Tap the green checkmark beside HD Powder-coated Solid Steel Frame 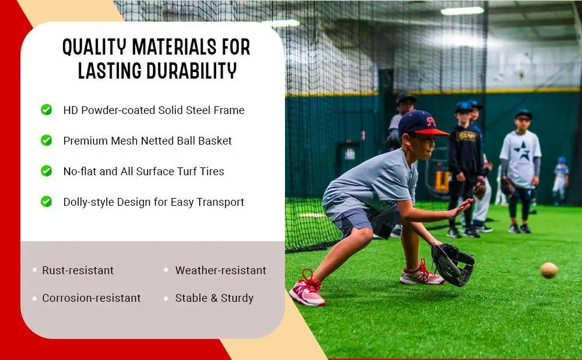[46, 110]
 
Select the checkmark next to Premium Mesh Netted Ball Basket [46, 140]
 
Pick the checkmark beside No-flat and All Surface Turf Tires [46, 171]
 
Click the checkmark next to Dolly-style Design [46, 202]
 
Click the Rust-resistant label [78, 271]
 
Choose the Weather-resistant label [220, 271]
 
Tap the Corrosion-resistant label [91, 298]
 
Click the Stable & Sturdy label [214, 298]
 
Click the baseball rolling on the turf [548, 270]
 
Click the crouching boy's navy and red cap [419, 124]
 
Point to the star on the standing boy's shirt [521, 151]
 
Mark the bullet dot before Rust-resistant [35, 271]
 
